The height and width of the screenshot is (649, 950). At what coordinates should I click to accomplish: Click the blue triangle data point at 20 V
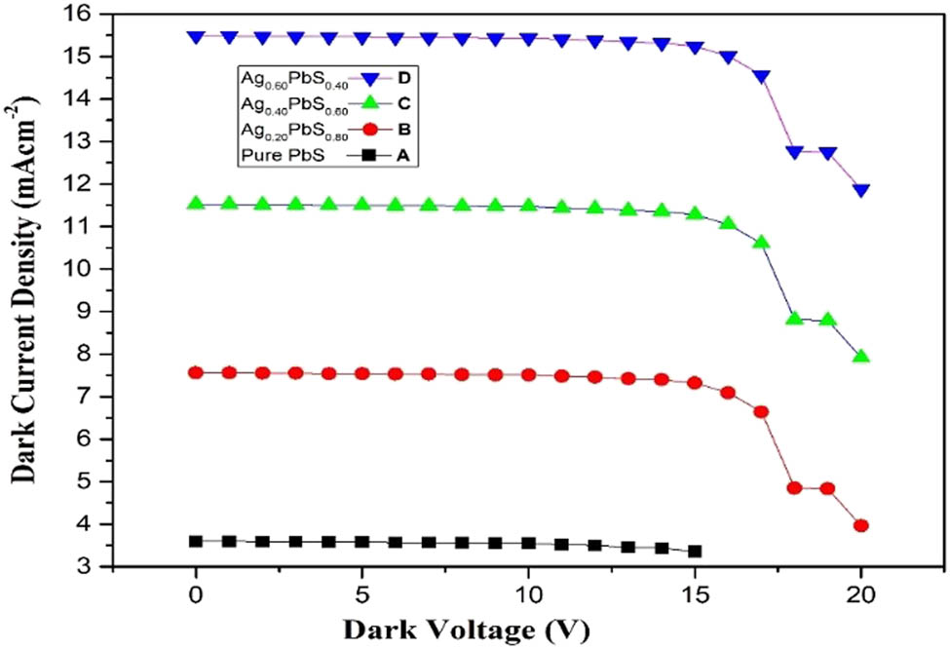(x=861, y=190)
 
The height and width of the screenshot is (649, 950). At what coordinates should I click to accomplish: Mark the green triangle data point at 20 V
(x=861, y=357)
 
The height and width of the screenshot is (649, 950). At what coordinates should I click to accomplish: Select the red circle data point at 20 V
(x=861, y=526)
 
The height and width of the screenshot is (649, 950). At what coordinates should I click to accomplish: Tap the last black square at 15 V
(x=695, y=552)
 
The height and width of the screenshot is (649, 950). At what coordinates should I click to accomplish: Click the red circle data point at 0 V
(x=196, y=372)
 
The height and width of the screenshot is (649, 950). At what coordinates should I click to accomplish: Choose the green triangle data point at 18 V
(x=794, y=319)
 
